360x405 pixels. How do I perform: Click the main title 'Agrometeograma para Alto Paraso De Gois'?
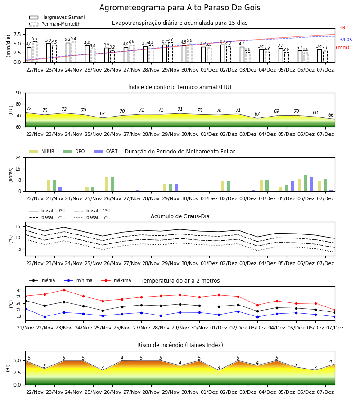(180, 8)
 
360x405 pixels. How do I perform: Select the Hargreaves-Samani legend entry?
(57, 17)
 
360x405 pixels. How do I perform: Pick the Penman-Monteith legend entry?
(55, 24)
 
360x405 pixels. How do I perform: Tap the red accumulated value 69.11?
(346, 27)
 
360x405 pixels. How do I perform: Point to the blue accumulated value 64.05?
(346, 40)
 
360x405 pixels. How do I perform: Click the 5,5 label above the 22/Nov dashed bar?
(35, 39)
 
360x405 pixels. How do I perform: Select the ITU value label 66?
(331, 115)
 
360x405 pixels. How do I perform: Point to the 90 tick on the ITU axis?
(18, 93)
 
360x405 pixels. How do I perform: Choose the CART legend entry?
(105, 151)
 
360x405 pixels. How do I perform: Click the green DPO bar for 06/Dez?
(306, 184)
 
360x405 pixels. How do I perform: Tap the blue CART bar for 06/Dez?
(312, 184)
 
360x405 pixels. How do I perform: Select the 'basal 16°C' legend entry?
(92, 217)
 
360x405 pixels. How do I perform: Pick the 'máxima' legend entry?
(116, 280)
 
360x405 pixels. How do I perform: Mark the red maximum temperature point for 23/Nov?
(64, 290)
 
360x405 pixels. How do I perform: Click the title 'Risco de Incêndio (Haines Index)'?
(180, 345)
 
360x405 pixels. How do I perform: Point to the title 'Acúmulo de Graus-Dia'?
(180, 216)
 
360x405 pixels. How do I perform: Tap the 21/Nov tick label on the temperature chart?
(25, 328)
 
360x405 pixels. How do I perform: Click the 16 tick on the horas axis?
(18, 169)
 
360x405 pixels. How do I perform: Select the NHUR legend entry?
(42, 151)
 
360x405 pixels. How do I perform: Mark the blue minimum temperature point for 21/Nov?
(25, 309)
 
